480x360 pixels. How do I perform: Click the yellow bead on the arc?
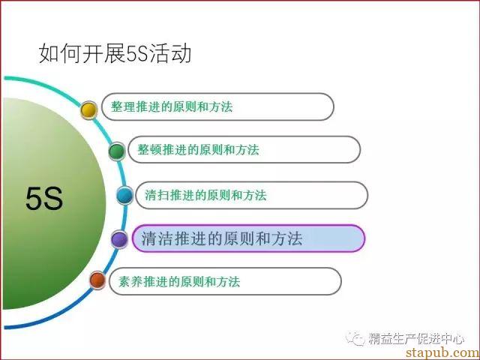point(88,110)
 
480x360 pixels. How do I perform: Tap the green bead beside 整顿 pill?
point(117,151)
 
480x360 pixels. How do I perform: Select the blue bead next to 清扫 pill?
point(125,195)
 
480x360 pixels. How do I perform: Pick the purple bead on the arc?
point(119,239)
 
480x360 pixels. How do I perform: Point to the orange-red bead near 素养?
point(97,280)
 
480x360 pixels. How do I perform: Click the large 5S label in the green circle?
point(44,199)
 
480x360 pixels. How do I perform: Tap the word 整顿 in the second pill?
point(149,150)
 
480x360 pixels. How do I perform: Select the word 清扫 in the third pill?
point(157,195)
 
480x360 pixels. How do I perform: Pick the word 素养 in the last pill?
point(130,281)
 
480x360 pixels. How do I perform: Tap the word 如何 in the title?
point(60,53)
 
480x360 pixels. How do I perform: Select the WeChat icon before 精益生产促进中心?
point(355,338)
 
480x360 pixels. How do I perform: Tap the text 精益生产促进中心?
point(416,338)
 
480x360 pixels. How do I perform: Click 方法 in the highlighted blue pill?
point(287,238)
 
